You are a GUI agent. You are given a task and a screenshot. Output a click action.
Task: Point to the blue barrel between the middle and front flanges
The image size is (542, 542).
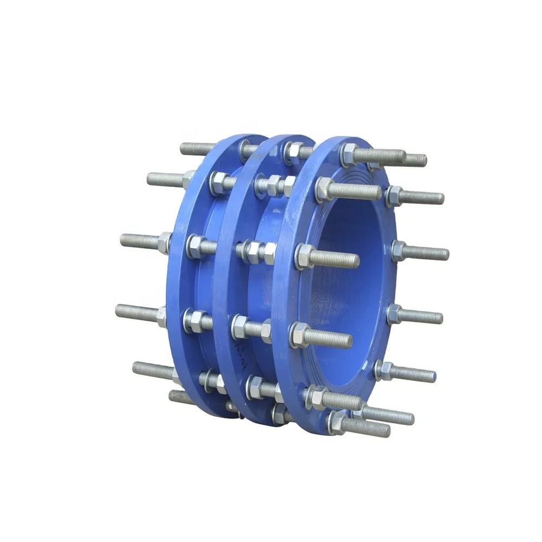click(x=271, y=282)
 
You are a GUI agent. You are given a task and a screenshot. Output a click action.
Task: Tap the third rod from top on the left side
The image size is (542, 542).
click(x=141, y=240)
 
